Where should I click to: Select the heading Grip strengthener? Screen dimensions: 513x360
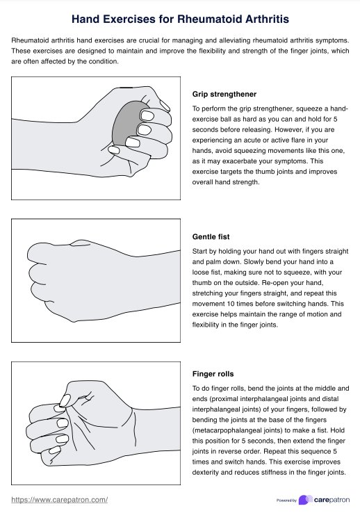pos(224,94)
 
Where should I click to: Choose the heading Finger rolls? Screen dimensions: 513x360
pos(213,374)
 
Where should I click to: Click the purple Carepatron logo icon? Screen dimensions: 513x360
pos(304,500)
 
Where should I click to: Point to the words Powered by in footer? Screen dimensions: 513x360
pos(286,500)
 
